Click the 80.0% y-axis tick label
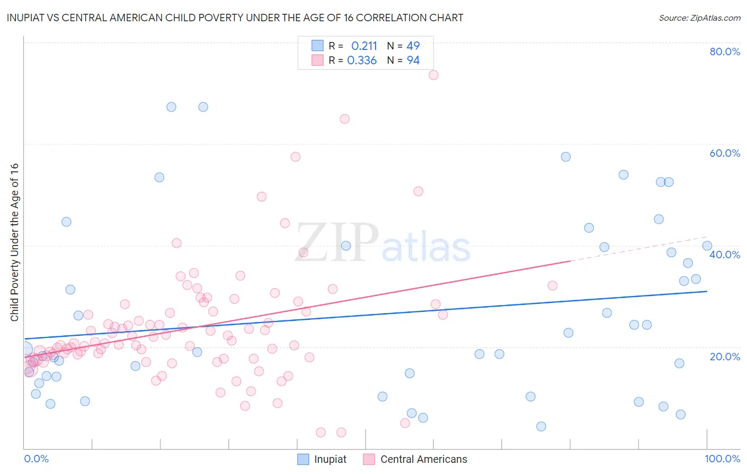pyautogui.click(x=725, y=52)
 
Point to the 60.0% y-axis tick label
pyautogui.click(x=725, y=153)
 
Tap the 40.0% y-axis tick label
pyautogui.click(x=725, y=255)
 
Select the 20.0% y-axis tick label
pyautogui.click(x=725, y=357)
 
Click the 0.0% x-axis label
pyautogui.click(x=36, y=459)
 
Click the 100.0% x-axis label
pyautogui.click(x=722, y=459)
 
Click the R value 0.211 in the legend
pyautogui.click(x=364, y=46)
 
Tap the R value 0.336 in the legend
pyautogui.click(x=362, y=61)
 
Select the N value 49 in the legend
pyautogui.click(x=413, y=46)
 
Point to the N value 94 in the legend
pyautogui.click(x=413, y=61)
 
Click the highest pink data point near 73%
pyautogui.click(x=434, y=75)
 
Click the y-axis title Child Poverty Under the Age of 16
pyautogui.click(x=15, y=242)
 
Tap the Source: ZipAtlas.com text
pyautogui.click(x=699, y=18)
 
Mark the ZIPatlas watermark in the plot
pyautogui.click(x=383, y=243)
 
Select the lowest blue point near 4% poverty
pyautogui.click(x=541, y=426)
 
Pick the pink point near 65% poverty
pyautogui.click(x=344, y=119)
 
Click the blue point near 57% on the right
pyautogui.click(x=566, y=157)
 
